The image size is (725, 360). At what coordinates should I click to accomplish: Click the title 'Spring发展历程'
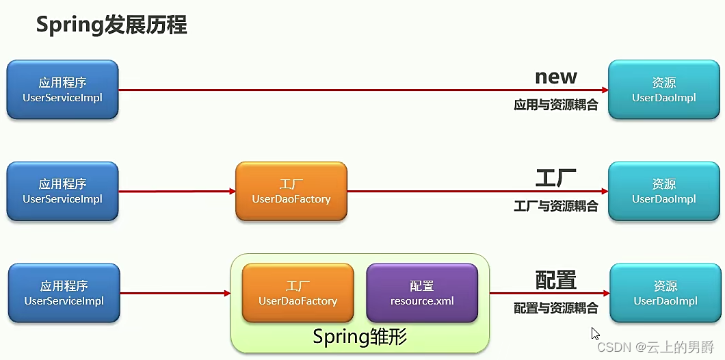tap(111, 25)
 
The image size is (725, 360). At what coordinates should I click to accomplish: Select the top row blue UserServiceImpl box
tap(62, 90)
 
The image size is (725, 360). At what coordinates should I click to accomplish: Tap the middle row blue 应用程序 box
tap(62, 191)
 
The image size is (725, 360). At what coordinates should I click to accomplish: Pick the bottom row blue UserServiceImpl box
tap(64, 293)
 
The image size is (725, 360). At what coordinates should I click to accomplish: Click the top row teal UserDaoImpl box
tap(663, 90)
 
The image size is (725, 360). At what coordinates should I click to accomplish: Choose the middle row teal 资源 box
tap(663, 191)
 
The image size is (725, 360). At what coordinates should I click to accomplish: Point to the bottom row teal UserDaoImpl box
tap(665, 293)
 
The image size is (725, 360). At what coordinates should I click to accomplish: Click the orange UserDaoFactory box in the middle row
tap(291, 191)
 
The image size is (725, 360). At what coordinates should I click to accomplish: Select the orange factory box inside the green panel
tap(298, 293)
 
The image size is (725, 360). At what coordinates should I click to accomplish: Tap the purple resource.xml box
tap(422, 293)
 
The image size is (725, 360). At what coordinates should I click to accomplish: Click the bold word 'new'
tap(555, 76)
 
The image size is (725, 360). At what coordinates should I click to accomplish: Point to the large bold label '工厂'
tap(555, 179)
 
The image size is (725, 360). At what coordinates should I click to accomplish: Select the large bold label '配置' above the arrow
tap(555, 280)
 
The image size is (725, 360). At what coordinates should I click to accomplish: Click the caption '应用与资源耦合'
tap(555, 105)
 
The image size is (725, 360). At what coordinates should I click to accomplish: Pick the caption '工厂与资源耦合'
tap(555, 206)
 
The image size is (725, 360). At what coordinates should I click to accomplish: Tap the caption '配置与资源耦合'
tap(555, 308)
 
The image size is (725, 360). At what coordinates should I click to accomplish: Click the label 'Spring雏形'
tap(360, 337)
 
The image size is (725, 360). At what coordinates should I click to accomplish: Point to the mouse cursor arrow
tap(595, 334)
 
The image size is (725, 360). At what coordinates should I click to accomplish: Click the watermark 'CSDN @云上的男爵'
tap(656, 347)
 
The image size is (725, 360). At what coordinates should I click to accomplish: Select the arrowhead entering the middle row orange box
tap(232, 191)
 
